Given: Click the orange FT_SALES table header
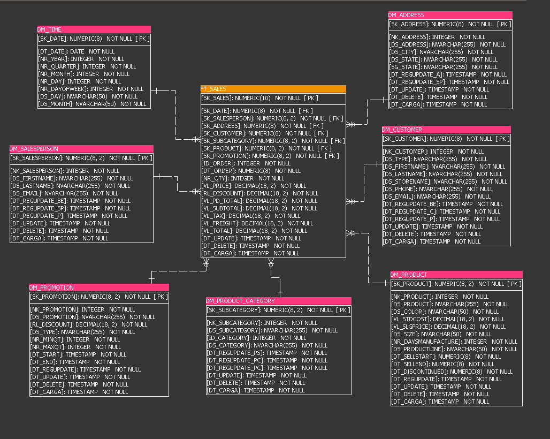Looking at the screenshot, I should pyautogui.click(x=273, y=89).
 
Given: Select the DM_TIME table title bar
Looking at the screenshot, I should pyautogui.click(x=94, y=29).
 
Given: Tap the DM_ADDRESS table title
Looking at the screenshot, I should pyautogui.click(x=450, y=15).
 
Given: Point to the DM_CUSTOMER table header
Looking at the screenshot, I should pyautogui.click(x=446, y=130).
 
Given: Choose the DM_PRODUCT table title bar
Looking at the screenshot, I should pyautogui.click(x=456, y=275).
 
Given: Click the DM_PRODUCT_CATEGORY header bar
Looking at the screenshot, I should pyautogui.click(x=278, y=301).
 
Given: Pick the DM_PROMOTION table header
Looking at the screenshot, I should pyautogui.click(x=99, y=287).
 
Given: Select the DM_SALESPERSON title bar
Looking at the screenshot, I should pyautogui.click(x=81, y=149).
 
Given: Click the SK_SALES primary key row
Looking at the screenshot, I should pyautogui.click(x=260, y=98).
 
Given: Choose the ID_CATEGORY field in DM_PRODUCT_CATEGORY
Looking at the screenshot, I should pyautogui.click(x=257, y=338).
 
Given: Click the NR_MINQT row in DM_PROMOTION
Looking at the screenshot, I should pyautogui.click(x=75, y=339).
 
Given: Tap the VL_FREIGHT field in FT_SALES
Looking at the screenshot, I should pyautogui.click(x=257, y=223).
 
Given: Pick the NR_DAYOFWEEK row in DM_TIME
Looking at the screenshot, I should pyautogui.click(x=90, y=89).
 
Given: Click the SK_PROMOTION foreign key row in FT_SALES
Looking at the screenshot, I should pyautogui.click(x=270, y=156).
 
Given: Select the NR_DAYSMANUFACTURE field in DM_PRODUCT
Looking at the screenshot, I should pyautogui.click(x=454, y=342).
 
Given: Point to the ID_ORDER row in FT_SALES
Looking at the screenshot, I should pyautogui.click(x=246, y=163).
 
